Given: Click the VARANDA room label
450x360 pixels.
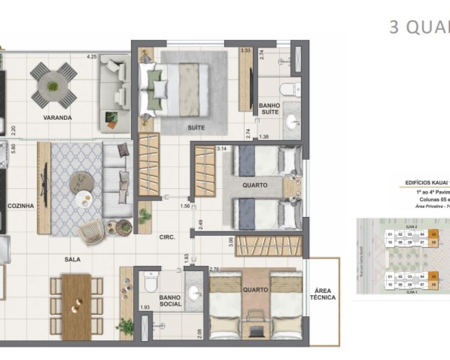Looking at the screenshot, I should (x=58, y=118).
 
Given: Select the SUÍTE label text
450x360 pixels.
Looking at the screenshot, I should (x=196, y=128).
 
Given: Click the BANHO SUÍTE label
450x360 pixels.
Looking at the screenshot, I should (x=269, y=108).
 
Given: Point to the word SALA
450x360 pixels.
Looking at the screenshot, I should (x=72, y=259).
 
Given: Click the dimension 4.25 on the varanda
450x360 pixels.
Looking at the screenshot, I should (x=92, y=57).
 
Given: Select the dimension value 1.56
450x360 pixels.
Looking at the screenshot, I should (x=184, y=207).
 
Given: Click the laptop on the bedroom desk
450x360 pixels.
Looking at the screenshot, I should (x=256, y=332).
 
